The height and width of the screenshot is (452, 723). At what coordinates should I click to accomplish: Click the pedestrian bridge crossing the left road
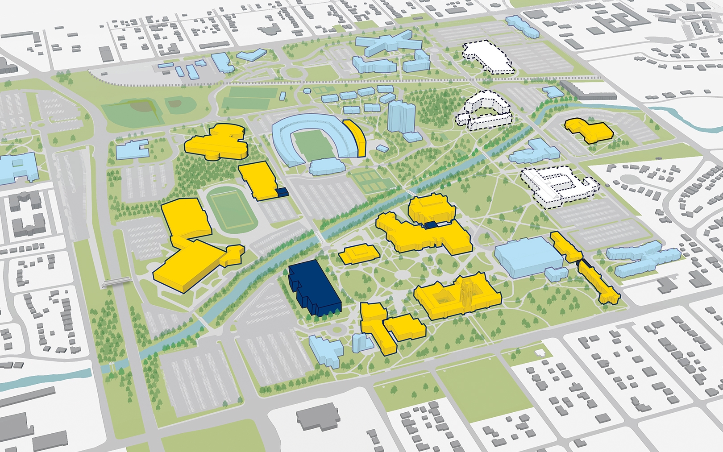click(x=116, y=281)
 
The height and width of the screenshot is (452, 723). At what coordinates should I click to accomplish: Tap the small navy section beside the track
click(x=281, y=192)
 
